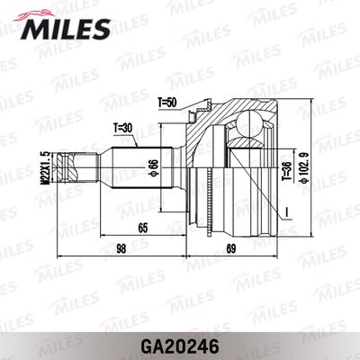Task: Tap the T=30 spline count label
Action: pos(125,128)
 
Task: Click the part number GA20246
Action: pos(180,342)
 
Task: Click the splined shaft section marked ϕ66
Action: pos(135,170)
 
